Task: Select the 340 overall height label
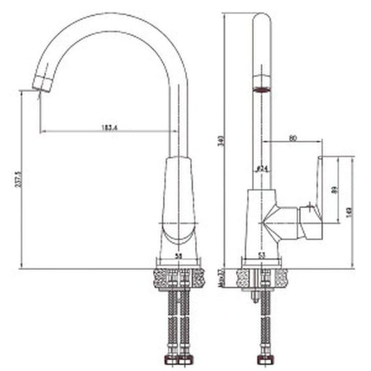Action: (x=221, y=140)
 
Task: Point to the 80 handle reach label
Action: (x=292, y=139)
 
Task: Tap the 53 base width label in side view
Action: (x=262, y=256)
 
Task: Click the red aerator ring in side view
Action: (x=262, y=89)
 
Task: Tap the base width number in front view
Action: (x=179, y=256)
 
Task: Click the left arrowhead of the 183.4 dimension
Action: (x=43, y=131)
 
